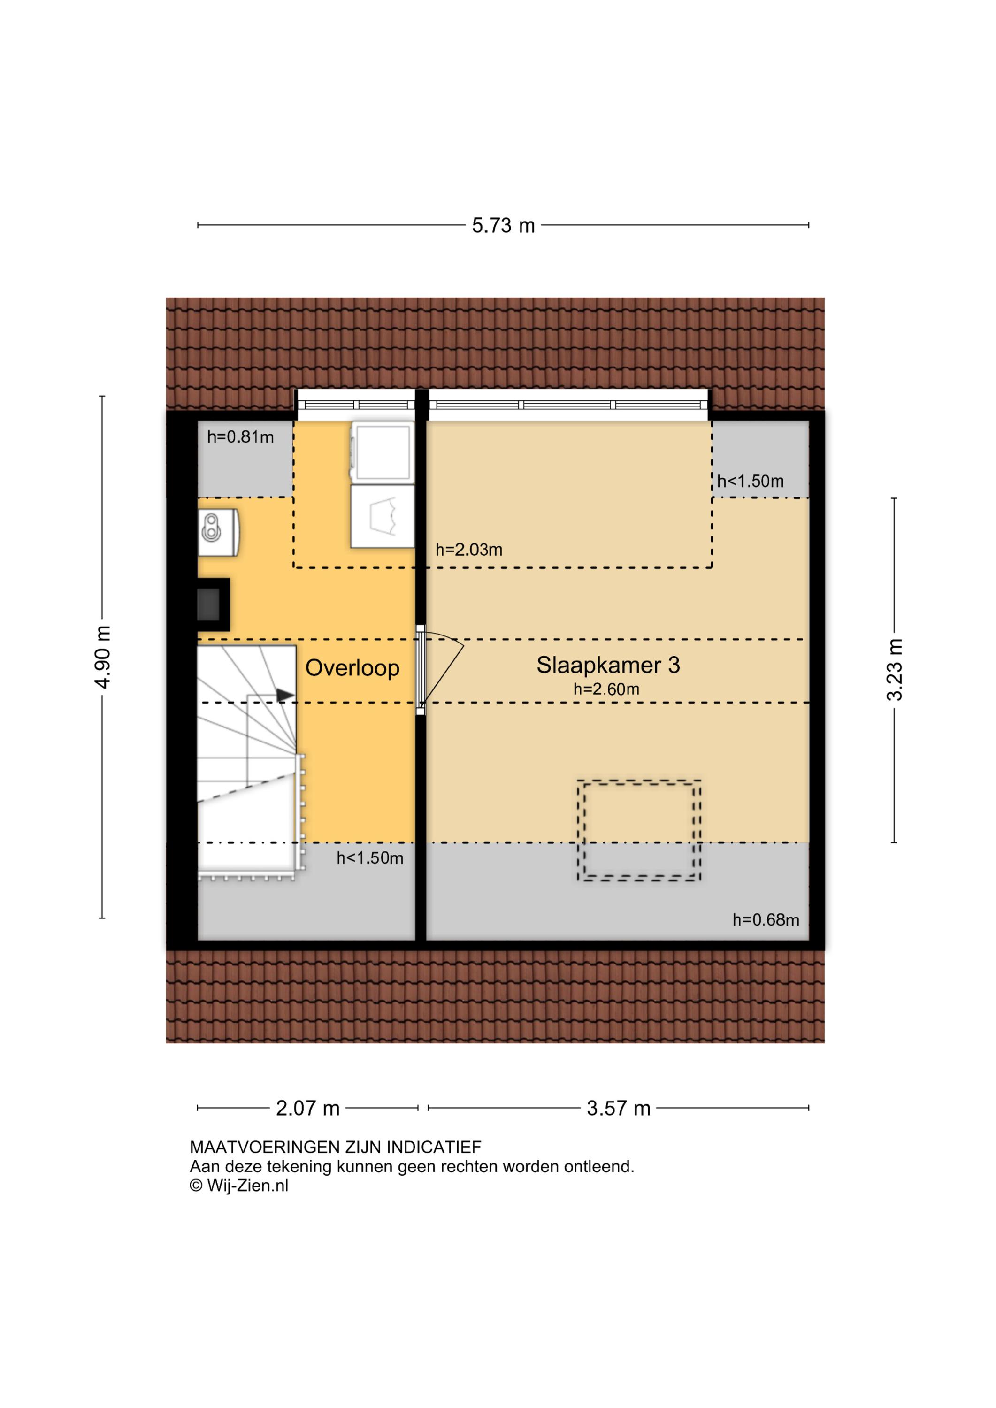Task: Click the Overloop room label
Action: (352, 668)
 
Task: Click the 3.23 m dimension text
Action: (894, 670)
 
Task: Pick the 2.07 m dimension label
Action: (308, 1108)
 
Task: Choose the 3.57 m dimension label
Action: (618, 1108)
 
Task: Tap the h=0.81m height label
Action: (240, 437)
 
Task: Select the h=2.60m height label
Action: (606, 689)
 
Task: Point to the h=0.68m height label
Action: (766, 920)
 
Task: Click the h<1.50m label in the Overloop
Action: (370, 858)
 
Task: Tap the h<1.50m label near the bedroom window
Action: (750, 482)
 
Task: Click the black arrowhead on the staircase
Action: (285, 695)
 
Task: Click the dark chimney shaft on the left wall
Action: (213, 604)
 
